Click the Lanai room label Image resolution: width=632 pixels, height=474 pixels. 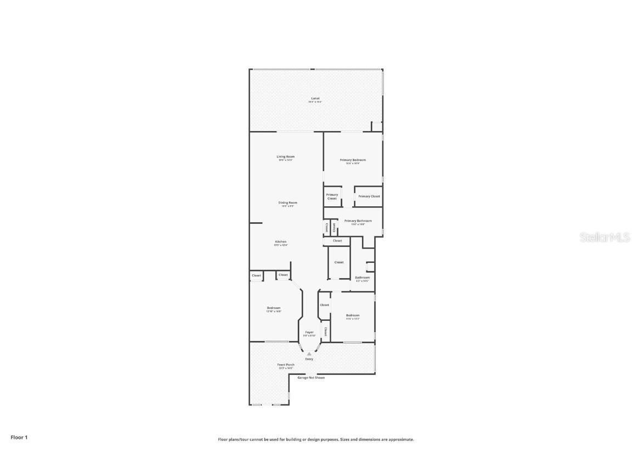coord(315,98)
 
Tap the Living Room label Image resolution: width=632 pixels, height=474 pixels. coord(285,157)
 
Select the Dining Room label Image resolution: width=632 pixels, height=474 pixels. coord(287,203)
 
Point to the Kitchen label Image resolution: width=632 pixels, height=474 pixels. coord(280,242)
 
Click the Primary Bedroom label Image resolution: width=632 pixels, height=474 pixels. coord(353,160)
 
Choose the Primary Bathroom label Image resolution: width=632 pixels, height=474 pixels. coord(358,221)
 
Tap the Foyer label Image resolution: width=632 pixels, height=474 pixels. coord(309,332)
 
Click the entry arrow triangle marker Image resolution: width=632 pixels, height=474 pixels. coord(309,354)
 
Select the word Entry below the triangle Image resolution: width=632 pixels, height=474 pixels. coord(309,359)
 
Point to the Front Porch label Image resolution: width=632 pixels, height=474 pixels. coord(286,365)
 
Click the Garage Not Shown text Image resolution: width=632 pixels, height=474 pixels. coord(311,377)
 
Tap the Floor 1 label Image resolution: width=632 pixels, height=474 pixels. coord(19,437)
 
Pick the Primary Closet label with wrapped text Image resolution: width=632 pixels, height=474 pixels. coord(332,196)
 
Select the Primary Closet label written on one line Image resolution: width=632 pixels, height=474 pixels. coord(369,196)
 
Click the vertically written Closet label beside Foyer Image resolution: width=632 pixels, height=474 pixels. coord(325,331)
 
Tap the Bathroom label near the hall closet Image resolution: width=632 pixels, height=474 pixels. coord(362,278)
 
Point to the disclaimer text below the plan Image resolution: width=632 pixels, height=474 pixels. coord(316,439)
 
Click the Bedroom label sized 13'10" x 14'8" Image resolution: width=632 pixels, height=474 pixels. coord(274,308)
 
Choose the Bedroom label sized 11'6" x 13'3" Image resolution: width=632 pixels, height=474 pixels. coord(353,315)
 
